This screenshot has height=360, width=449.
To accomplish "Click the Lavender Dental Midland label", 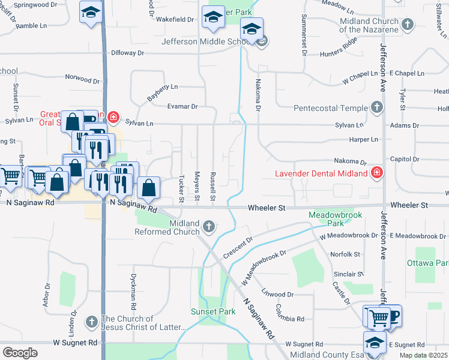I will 321,174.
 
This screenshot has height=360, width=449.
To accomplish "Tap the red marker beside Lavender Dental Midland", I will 376,173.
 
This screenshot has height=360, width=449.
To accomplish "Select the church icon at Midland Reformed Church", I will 208,227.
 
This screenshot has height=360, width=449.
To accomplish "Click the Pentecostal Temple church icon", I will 376,108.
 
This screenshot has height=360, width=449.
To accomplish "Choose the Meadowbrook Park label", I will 327,218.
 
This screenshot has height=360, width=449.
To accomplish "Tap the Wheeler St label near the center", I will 267,208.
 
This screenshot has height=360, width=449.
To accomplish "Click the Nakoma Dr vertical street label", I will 258,96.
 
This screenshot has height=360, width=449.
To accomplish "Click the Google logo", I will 20,353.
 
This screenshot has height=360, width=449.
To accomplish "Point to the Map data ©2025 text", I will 423,355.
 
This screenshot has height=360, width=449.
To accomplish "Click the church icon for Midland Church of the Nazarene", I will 408,25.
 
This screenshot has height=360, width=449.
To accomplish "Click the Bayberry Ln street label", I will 163,92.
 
